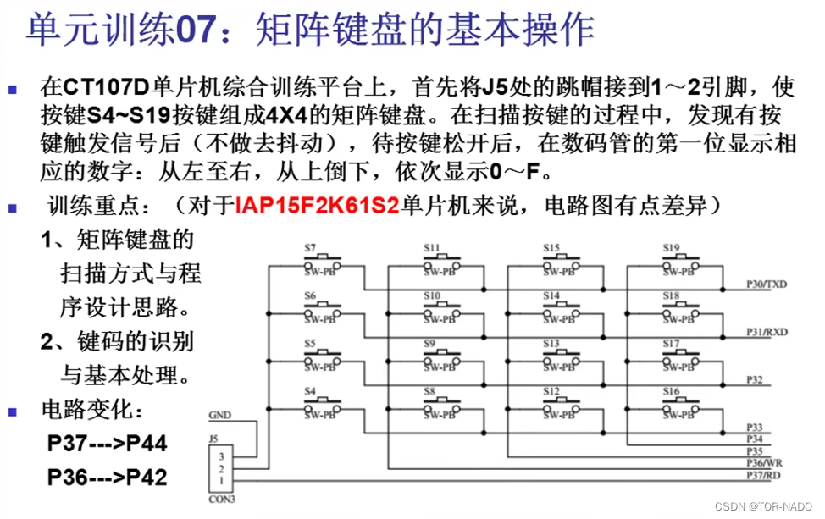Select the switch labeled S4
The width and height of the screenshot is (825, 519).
(x=322, y=408)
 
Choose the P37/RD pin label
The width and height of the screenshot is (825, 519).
(x=761, y=475)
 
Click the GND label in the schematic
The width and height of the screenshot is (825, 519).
(x=219, y=416)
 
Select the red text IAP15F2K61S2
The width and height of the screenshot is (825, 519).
(x=317, y=206)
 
